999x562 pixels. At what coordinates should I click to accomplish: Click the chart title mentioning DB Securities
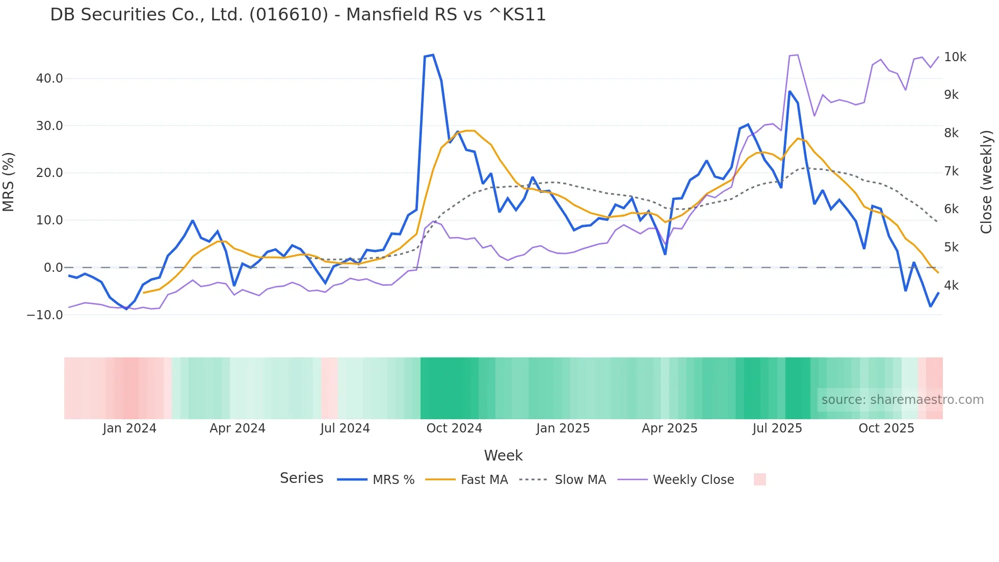(x=298, y=15)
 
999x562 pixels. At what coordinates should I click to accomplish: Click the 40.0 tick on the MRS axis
(x=49, y=79)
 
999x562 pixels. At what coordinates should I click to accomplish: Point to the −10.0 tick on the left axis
(x=45, y=315)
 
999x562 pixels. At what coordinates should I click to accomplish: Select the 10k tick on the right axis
(x=955, y=57)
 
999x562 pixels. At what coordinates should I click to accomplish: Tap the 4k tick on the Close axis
(x=951, y=286)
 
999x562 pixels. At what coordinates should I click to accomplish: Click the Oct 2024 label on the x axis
(x=454, y=428)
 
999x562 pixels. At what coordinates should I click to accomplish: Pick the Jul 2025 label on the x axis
(x=777, y=428)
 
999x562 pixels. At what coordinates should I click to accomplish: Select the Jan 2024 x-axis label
(x=129, y=428)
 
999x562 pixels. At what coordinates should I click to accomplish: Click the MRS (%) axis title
(x=9, y=182)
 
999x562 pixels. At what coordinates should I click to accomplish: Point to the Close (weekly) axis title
(x=986, y=182)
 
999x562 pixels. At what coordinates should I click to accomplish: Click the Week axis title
(x=503, y=455)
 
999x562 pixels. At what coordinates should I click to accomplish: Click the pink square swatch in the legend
(x=759, y=479)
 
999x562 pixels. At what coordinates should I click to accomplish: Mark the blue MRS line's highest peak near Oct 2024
(x=433, y=55)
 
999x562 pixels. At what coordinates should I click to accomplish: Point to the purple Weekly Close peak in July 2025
(x=797, y=55)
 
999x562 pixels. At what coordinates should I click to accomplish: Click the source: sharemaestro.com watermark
(x=902, y=400)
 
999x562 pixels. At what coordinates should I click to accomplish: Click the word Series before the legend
(x=301, y=478)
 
